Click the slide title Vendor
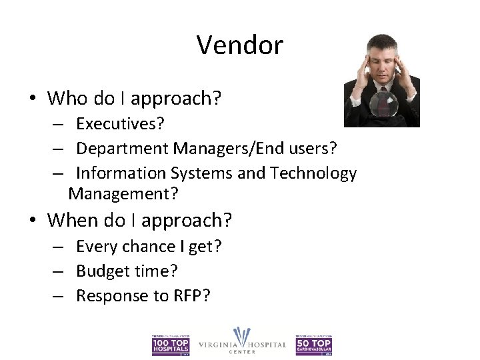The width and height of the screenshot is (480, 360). pos(240,45)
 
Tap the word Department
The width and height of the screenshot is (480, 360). pos(122,149)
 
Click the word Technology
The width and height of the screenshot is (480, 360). pos(313,173)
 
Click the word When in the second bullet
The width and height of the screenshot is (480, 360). pos(67,219)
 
